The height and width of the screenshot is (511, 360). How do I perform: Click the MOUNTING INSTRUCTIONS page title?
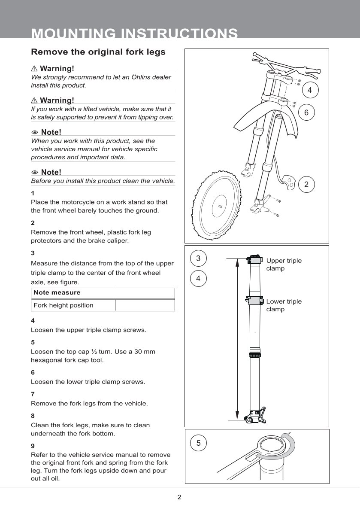[x=134, y=33]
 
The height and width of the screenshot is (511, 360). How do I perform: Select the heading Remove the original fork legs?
[x=98, y=52]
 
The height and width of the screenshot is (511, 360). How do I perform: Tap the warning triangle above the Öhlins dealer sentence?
[x=34, y=69]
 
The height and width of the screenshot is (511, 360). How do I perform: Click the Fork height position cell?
[x=64, y=305]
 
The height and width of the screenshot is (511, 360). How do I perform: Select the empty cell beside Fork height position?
[x=145, y=305]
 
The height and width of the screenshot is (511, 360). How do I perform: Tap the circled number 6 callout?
[x=306, y=113]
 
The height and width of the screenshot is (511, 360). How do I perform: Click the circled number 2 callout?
[x=306, y=184]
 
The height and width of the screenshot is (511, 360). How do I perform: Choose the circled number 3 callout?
[x=198, y=259]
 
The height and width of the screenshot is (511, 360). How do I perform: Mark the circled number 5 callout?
[x=198, y=443]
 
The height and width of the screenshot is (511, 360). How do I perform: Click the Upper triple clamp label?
[x=284, y=265]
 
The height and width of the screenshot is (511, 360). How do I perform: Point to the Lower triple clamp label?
[x=284, y=305]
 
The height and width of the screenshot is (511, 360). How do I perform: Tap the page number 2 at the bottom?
[x=180, y=498]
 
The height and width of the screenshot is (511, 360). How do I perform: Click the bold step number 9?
[x=33, y=446]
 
